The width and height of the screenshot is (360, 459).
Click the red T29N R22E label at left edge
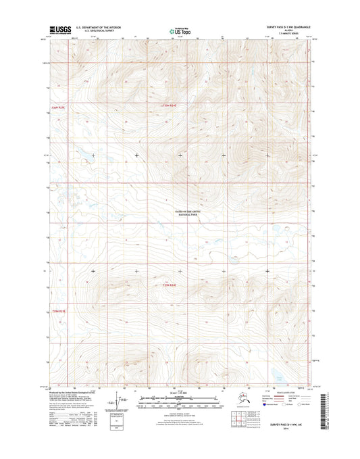pos(59,310)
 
